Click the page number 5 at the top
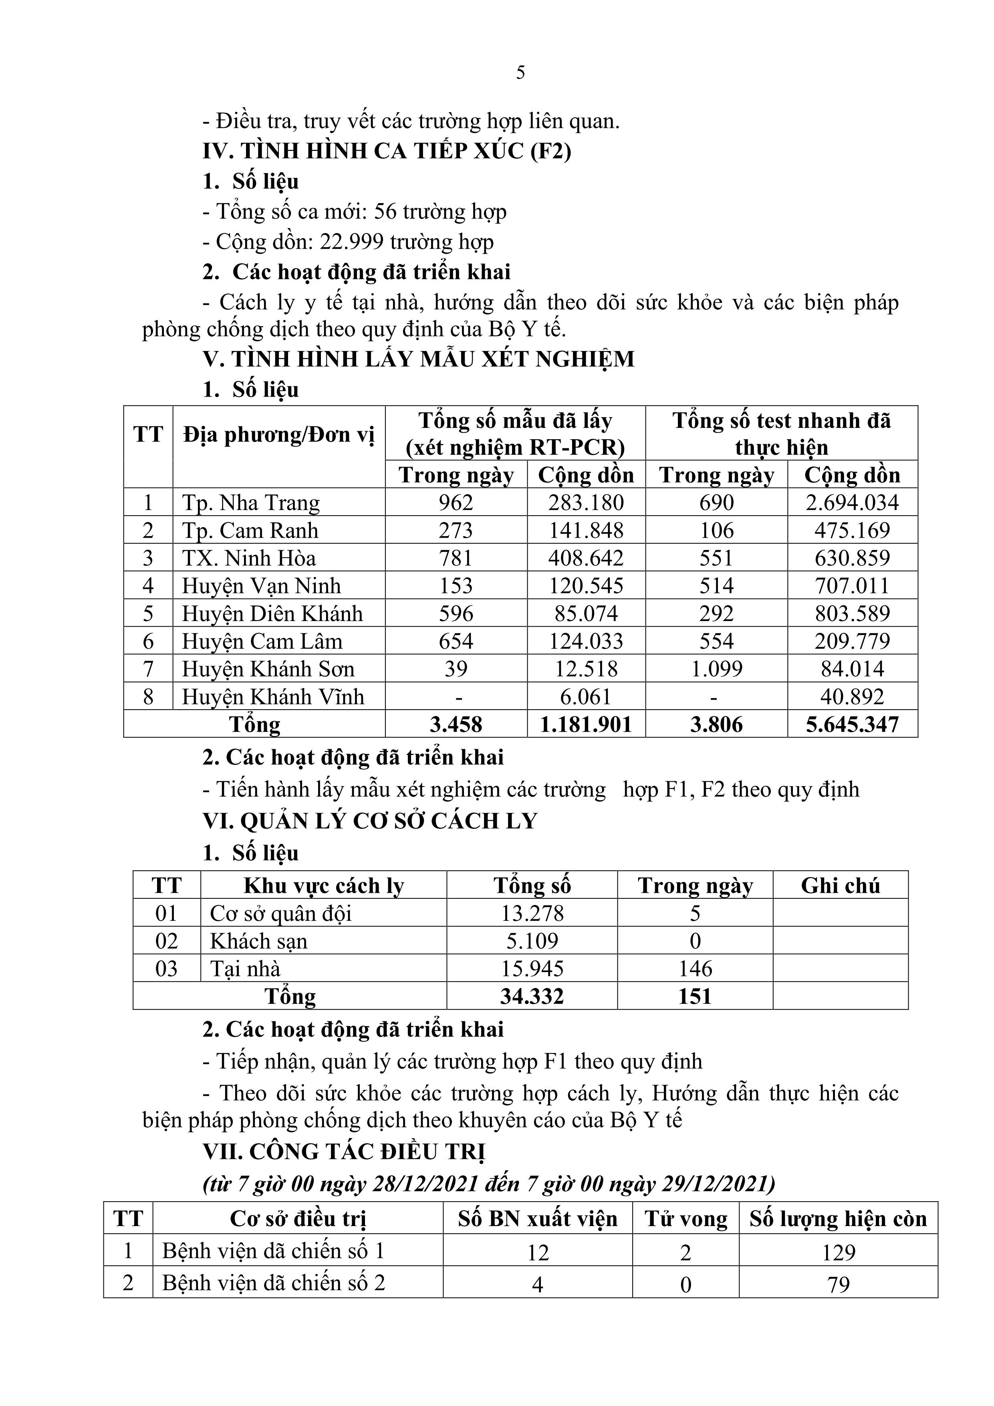coord(520,73)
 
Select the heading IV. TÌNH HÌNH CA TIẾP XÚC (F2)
coord(387,151)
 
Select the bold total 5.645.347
coord(852,724)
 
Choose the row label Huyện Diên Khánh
coord(272,613)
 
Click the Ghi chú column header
coord(840,886)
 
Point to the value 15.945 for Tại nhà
coord(532,969)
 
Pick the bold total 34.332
coord(532,997)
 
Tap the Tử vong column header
coord(686,1219)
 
